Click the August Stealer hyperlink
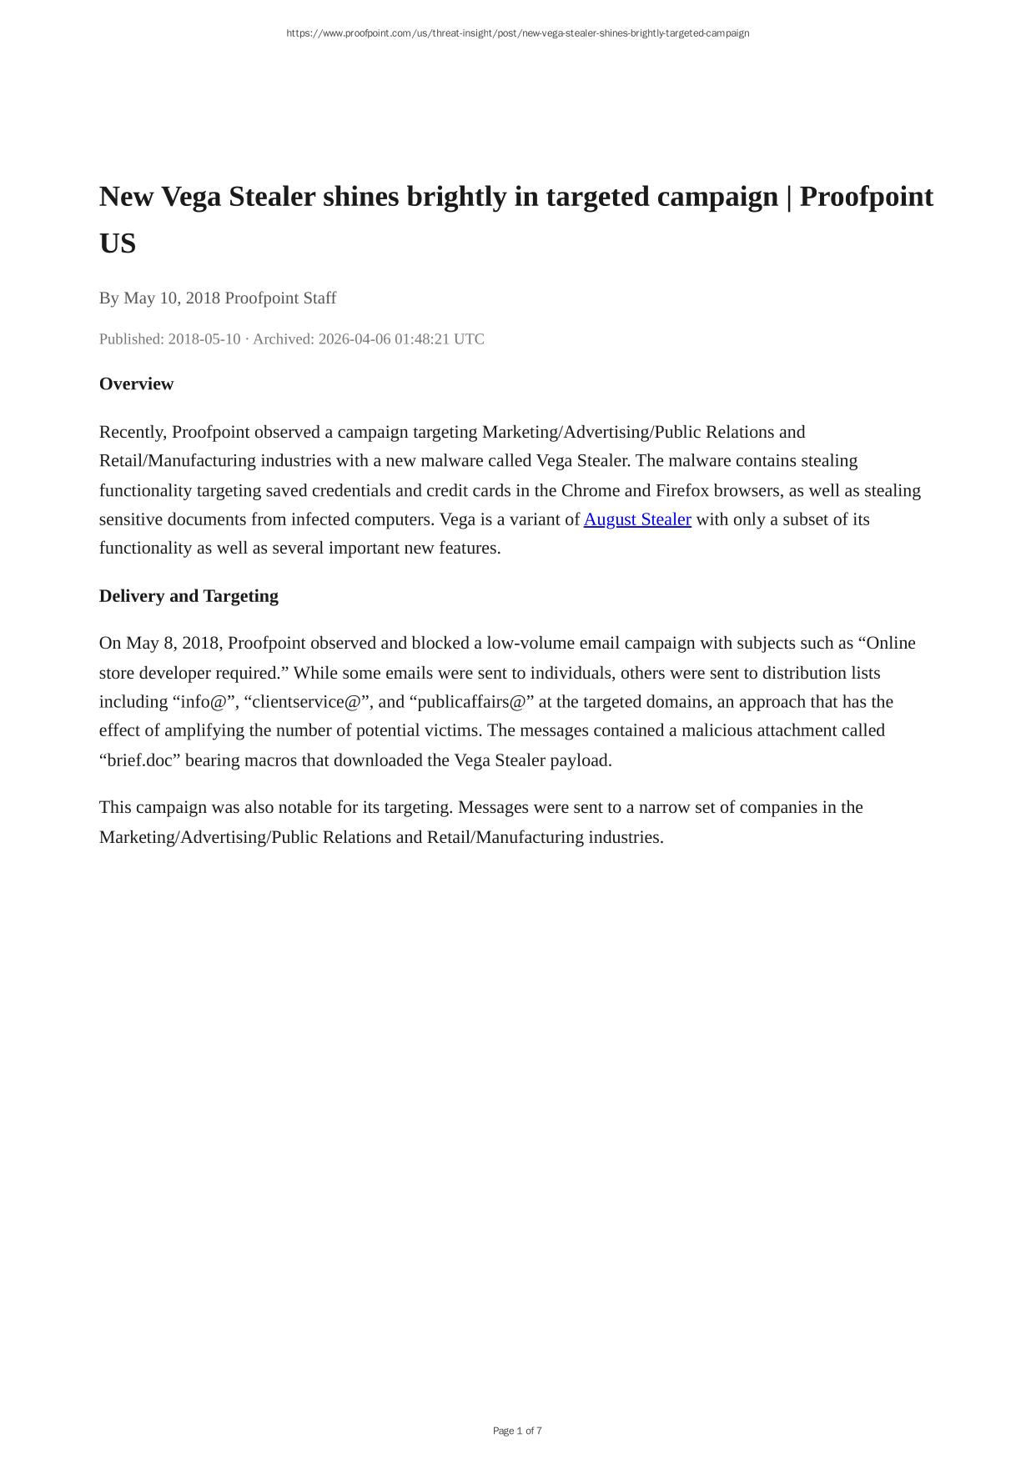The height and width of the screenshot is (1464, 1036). (x=637, y=519)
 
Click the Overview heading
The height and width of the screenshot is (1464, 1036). (x=136, y=384)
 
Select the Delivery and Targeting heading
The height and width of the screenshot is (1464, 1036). (x=189, y=595)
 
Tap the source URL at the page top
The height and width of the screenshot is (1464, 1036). (x=517, y=33)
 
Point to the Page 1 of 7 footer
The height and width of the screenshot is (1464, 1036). (x=517, y=1431)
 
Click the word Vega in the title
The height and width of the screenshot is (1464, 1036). (x=191, y=197)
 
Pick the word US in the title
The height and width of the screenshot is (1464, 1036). (x=118, y=243)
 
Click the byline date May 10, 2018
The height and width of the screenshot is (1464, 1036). (x=172, y=298)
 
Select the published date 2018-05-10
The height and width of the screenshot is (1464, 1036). (x=204, y=338)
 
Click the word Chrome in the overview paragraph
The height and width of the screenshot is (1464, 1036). (x=591, y=490)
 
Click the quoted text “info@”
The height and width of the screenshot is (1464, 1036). (x=204, y=702)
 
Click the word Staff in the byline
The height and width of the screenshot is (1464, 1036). (x=317, y=298)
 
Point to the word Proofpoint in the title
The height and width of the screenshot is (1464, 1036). (x=866, y=197)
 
